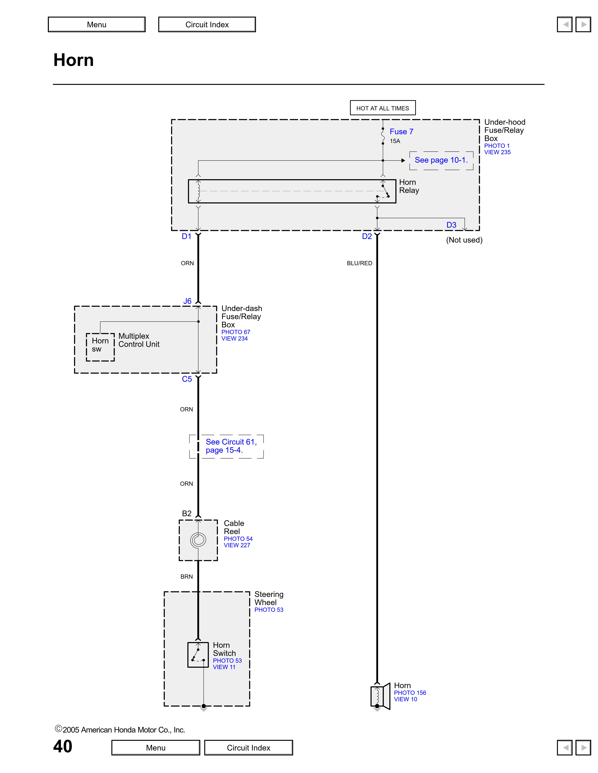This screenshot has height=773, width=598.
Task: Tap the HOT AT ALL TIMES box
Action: pos(383,108)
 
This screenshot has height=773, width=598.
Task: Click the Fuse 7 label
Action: pos(401,132)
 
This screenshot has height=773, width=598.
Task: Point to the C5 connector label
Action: pos(187,379)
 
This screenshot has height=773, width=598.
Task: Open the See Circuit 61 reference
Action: pos(231,446)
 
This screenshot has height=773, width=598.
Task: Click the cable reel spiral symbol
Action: pos(198,540)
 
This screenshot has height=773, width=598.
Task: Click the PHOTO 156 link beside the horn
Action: pos(410,693)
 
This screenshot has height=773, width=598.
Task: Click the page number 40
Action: pos(63,746)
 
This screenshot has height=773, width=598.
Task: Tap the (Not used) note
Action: pos(464,240)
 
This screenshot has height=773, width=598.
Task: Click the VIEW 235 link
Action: pos(497,152)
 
